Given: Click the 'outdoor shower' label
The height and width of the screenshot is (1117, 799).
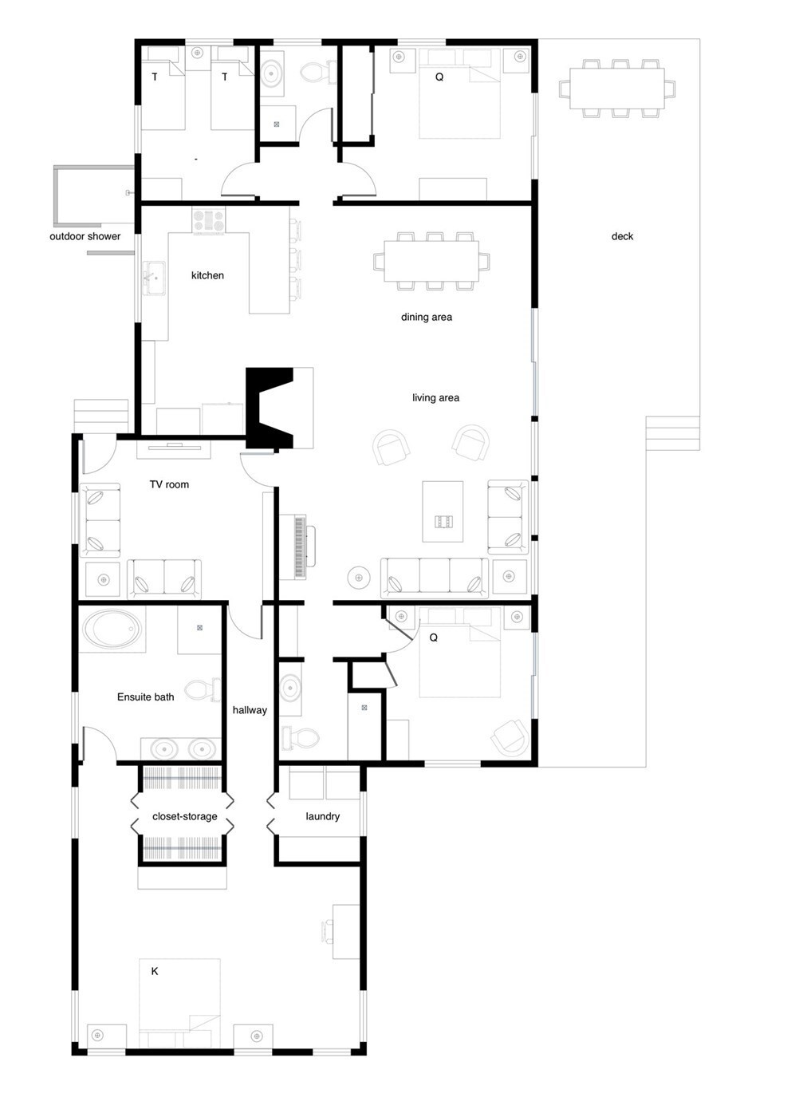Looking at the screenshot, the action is point(85,236).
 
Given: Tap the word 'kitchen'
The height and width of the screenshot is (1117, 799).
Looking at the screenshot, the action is point(207,275).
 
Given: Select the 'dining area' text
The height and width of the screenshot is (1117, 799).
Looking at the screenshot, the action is point(426,318).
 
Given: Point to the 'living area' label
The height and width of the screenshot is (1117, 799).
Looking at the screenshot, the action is point(435,398).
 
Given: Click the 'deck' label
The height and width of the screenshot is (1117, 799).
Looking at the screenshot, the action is point(622,236).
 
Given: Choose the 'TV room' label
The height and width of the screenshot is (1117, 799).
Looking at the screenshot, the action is point(169,484).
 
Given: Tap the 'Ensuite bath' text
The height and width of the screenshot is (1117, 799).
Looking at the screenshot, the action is point(146,697).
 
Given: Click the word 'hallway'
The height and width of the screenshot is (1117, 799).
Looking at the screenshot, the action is point(250,710).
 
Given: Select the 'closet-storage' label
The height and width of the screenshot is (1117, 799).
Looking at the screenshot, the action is point(185,816).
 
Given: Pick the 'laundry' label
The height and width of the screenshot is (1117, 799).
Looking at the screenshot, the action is point(322,816).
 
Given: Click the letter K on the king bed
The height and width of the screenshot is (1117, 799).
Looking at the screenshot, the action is point(155,971).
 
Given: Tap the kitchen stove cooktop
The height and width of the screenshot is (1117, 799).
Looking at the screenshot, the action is point(209,220).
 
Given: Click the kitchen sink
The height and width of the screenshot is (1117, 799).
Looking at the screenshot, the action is point(154,278).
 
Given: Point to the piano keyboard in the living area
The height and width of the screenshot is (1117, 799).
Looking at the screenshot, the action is point(301,547).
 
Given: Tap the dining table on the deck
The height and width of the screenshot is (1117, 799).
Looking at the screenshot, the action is point(617,89).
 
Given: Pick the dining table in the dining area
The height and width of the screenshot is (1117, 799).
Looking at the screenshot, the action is point(431,262).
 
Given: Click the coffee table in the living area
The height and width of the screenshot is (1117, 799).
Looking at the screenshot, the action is point(443,511).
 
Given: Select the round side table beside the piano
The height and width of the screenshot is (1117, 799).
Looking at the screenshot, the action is point(359,578).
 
